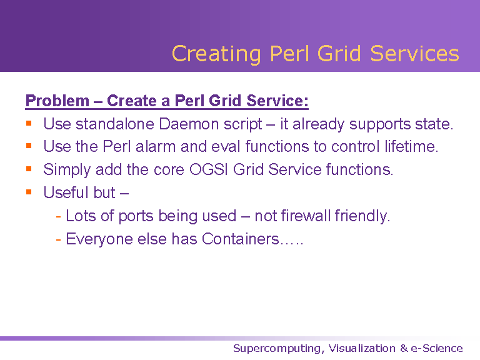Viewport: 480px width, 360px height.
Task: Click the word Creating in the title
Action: pyautogui.click(x=216, y=54)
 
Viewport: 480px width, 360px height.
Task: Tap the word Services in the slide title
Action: pyautogui.click(x=415, y=54)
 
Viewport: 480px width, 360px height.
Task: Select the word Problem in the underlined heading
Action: pyautogui.click(x=57, y=101)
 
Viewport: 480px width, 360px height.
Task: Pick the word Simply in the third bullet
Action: pyautogui.click(x=67, y=170)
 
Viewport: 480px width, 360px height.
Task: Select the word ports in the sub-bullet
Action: pyautogui.click(x=136, y=216)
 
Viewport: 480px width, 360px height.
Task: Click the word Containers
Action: pyautogui.click(x=240, y=239)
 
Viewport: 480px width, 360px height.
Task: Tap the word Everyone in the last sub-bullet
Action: pyautogui.click(x=99, y=239)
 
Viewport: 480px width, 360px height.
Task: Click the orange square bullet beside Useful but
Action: pyautogui.click(x=29, y=192)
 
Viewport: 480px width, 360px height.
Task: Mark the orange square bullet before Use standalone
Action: pyautogui.click(x=29, y=123)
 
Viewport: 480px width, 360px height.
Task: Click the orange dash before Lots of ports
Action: pyautogui.click(x=59, y=217)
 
